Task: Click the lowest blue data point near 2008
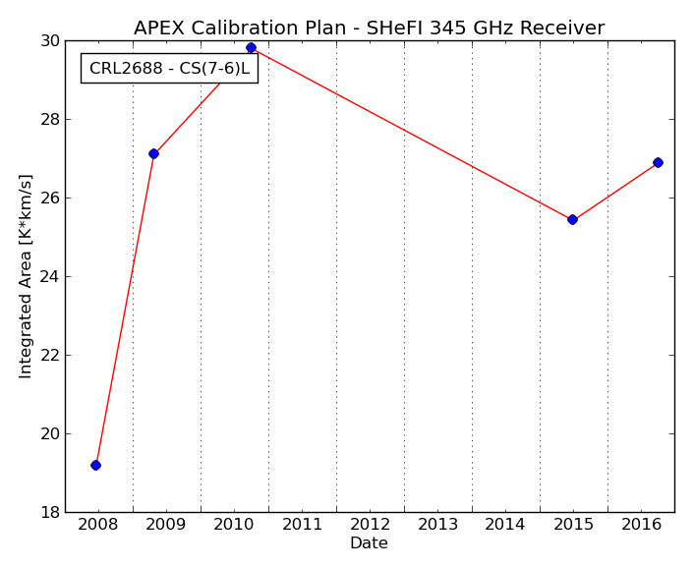[x=95, y=465]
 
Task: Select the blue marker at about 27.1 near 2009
[x=153, y=153]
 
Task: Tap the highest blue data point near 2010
[x=251, y=47]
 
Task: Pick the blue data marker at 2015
[x=572, y=219]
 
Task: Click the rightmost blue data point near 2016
[x=659, y=162]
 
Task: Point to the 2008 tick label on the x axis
[x=98, y=525]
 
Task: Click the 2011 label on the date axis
[x=303, y=525]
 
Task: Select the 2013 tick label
[x=437, y=525]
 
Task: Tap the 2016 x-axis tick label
[x=641, y=525]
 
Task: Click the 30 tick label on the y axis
[x=50, y=41]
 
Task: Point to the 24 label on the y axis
[x=50, y=276]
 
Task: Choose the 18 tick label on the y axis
[x=50, y=512]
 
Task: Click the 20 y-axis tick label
[x=50, y=434]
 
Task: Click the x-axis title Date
[x=369, y=542]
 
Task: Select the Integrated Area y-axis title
[x=26, y=276]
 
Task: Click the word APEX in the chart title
[x=160, y=28]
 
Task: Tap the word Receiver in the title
[x=562, y=28]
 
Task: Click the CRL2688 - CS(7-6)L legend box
[x=169, y=68]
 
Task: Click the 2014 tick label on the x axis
[x=504, y=525]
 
